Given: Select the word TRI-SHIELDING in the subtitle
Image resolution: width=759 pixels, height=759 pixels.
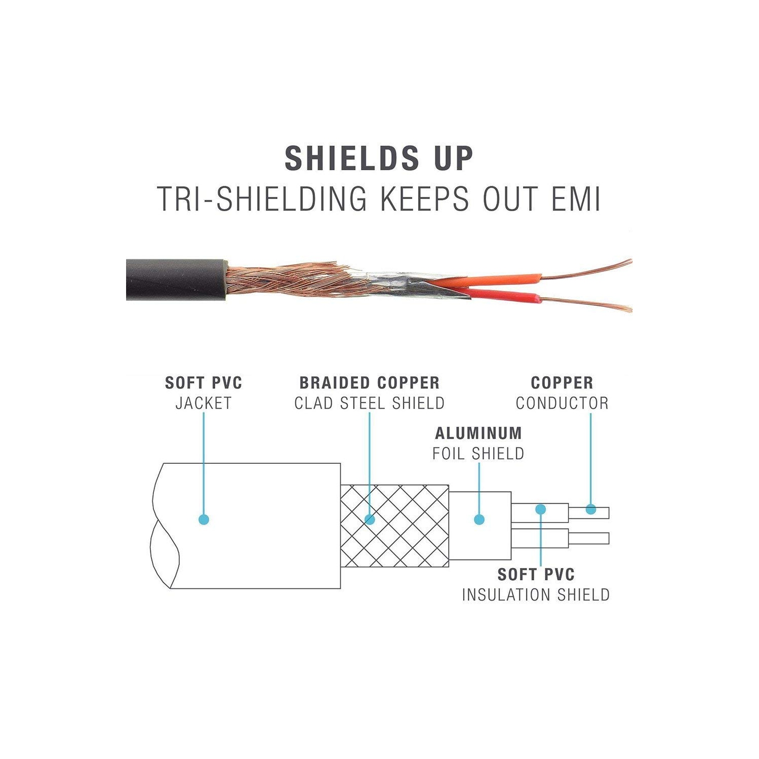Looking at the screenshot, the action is click(x=261, y=198).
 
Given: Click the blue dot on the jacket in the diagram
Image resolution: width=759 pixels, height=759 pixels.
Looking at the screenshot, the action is click(x=204, y=520).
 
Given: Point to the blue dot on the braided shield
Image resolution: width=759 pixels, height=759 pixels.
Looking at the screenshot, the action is click(x=370, y=520).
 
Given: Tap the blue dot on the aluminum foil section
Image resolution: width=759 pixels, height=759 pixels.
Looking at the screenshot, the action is click(x=479, y=520).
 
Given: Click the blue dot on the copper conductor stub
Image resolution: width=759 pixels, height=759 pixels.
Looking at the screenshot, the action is click(x=590, y=509).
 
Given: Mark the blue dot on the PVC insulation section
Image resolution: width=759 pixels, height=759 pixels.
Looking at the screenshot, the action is click(x=541, y=508).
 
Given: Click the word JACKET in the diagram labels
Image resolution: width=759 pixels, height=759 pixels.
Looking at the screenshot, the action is click(x=204, y=404).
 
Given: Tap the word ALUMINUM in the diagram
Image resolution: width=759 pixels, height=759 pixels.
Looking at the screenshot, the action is click(x=478, y=433).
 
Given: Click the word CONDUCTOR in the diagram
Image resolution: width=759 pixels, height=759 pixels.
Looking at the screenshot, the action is click(x=562, y=404).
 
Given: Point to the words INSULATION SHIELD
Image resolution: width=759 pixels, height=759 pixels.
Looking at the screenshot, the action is click(x=536, y=595).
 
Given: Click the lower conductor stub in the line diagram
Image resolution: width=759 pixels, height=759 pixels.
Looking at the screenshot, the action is click(x=588, y=538).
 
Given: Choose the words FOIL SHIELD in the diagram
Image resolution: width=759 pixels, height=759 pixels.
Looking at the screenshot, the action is click(x=478, y=454).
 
